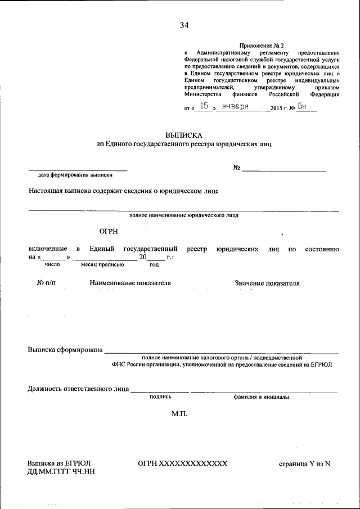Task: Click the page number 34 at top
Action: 184,25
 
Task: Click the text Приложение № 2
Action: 262,45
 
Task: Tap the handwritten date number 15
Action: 206,106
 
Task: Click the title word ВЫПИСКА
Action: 183,135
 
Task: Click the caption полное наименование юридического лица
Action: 183,215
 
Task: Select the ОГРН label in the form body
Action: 109,232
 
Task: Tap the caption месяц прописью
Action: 98,264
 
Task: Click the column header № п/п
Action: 47,283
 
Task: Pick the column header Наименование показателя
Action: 130,283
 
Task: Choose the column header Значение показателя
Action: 267,283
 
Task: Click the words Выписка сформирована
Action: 65,350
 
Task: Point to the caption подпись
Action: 160,397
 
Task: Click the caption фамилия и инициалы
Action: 262,397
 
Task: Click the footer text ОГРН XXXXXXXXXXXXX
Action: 182,463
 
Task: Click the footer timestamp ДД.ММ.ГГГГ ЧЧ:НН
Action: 61,472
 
